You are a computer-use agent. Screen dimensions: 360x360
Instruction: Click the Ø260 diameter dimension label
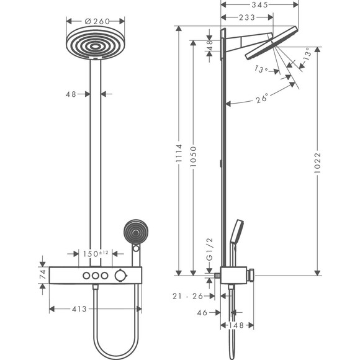tap(96, 21)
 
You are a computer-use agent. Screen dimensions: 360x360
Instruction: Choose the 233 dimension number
tap(246, 17)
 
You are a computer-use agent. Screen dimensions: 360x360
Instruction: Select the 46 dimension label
tap(202, 313)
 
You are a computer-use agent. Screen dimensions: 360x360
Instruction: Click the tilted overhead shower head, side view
tap(273, 45)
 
